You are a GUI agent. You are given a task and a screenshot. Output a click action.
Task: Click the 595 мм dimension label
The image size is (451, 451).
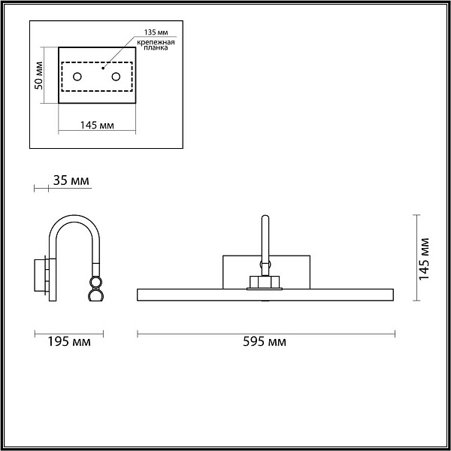[x=265, y=342]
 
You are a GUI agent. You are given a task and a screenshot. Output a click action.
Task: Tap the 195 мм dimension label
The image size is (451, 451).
[x=69, y=342]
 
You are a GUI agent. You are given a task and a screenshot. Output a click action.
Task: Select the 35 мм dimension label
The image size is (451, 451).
[x=71, y=180]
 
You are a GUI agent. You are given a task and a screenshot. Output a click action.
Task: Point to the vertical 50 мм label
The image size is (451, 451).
[x=38, y=76]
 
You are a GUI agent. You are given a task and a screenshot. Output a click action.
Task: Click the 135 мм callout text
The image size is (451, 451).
[x=156, y=32]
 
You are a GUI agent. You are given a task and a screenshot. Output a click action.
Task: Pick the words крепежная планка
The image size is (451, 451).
[x=156, y=45]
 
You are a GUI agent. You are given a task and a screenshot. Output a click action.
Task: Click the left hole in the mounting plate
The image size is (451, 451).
[x=77, y=77]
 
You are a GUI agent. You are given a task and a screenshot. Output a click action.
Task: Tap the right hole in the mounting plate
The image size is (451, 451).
[x=116, y=77]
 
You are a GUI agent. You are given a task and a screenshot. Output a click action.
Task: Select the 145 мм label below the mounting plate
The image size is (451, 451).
[x=97, y=126]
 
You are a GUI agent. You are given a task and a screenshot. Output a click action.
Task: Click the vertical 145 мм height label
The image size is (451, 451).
[x=424, y=259]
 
